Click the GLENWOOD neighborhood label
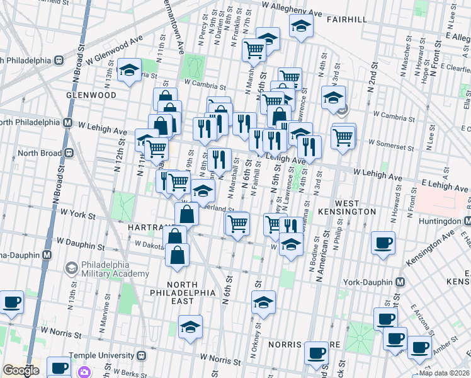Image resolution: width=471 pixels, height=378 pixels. (91, 94)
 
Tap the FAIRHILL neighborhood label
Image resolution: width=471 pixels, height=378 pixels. (346, 20)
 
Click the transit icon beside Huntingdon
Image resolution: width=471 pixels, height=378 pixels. (467, 222)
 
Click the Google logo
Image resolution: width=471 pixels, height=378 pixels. (21, 370)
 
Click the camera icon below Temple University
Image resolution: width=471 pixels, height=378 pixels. (84, 372)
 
